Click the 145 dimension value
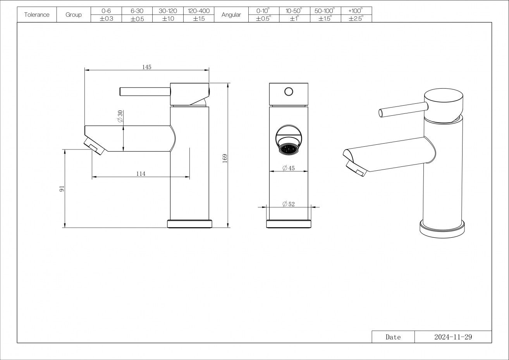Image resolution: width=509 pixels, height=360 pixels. [x=146, y=67]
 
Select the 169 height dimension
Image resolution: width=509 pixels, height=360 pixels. [x=225, y=158]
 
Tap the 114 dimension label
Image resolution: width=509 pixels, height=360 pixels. [x=141, y=174]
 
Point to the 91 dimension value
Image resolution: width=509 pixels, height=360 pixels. [x=62, y=189]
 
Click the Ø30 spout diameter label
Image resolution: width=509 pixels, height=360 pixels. [x=120, y=116]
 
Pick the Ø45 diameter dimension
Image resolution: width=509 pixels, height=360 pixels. [x=289, y=168]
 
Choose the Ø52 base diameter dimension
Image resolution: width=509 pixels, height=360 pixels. [x=289, y=204]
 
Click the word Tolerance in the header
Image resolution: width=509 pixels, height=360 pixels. [x=37, y=15]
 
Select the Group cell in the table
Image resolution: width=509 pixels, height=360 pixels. [x=74, y=15]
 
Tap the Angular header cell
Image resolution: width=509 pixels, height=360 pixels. [x=231, y=15]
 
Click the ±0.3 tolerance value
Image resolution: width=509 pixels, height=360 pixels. [x=106, y=19]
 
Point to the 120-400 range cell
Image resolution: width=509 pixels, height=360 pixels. [x=199, y=11]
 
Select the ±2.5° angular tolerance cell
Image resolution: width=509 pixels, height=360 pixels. [x=356, y=19]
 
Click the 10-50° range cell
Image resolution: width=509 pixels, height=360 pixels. [x=294, y=11]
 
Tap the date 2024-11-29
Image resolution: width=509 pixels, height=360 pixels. [x=453, y=337]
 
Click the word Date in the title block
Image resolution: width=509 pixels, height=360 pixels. [x=393, y=337]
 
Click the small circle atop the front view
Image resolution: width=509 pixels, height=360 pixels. [x=289, y=91]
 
